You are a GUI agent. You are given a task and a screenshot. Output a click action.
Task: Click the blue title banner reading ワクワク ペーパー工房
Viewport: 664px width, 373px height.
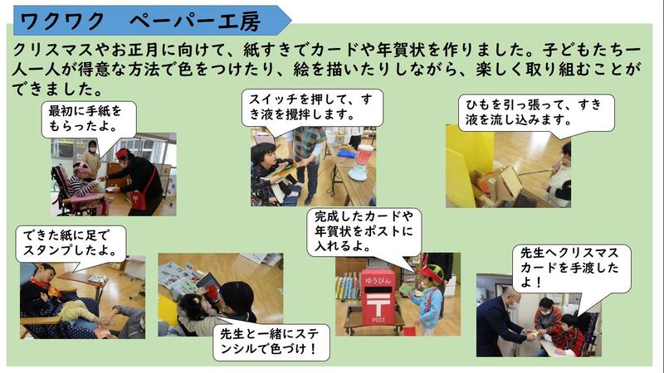pos(153,20)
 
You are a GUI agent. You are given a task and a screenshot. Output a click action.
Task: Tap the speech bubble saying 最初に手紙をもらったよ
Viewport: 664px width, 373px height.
pos(89,119)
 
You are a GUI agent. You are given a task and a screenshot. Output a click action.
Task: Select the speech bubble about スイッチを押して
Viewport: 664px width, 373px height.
pos(313,108)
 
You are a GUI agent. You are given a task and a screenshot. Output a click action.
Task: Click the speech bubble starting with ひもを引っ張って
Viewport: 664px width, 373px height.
pos(536,113)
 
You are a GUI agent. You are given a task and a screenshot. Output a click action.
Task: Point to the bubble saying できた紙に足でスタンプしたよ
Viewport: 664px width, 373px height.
pos(71,244)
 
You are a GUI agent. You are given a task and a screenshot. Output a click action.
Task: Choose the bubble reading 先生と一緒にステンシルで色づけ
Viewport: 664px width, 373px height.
pos(271,342)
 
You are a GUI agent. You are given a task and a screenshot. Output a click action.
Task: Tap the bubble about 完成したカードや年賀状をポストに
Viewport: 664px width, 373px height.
pos(364,232)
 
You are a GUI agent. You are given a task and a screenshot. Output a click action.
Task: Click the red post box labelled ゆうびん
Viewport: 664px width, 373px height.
pos(378,297)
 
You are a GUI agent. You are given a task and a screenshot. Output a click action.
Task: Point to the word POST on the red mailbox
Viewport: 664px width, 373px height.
pos(378,320)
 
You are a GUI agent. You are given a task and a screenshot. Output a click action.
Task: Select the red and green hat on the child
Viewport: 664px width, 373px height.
pos(431,273)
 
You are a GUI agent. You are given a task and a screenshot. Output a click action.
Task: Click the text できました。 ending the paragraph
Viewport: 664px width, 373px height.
pos(57,90)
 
